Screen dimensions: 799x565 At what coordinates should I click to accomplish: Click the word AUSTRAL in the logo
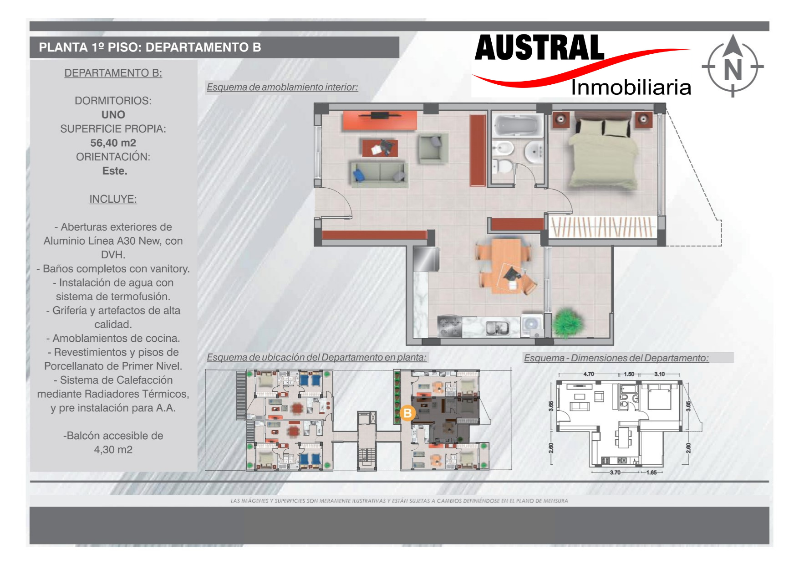point(539,48)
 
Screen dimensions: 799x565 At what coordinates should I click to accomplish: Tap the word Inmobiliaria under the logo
point(631,87)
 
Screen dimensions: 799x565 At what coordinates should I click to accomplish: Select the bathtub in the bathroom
point(518,125)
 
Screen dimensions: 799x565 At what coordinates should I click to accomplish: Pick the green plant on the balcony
point(567,322)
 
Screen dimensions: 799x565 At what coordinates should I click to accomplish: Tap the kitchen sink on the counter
point(497,327)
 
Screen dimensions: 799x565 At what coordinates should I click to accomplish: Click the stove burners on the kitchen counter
point(450,326)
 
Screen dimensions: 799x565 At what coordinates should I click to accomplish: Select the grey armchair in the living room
point(433,149)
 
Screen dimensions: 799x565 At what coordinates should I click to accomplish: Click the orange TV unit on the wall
point(379,120)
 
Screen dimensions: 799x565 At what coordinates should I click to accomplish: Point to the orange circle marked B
point(407,413)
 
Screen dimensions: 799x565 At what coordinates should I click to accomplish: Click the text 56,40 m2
point(113,143)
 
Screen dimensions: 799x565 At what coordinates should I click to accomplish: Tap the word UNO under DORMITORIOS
point(113,114)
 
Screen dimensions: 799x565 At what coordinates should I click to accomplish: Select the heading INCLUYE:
point(113,199)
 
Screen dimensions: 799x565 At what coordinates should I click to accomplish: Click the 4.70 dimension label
point(589,374)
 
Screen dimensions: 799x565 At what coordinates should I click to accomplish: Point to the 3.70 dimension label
point(615,473)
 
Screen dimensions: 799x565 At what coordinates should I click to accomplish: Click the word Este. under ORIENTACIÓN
point(115,171)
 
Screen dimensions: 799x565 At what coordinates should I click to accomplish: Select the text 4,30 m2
point(113,450)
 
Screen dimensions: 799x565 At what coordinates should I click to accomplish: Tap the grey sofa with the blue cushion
point(379,174)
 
